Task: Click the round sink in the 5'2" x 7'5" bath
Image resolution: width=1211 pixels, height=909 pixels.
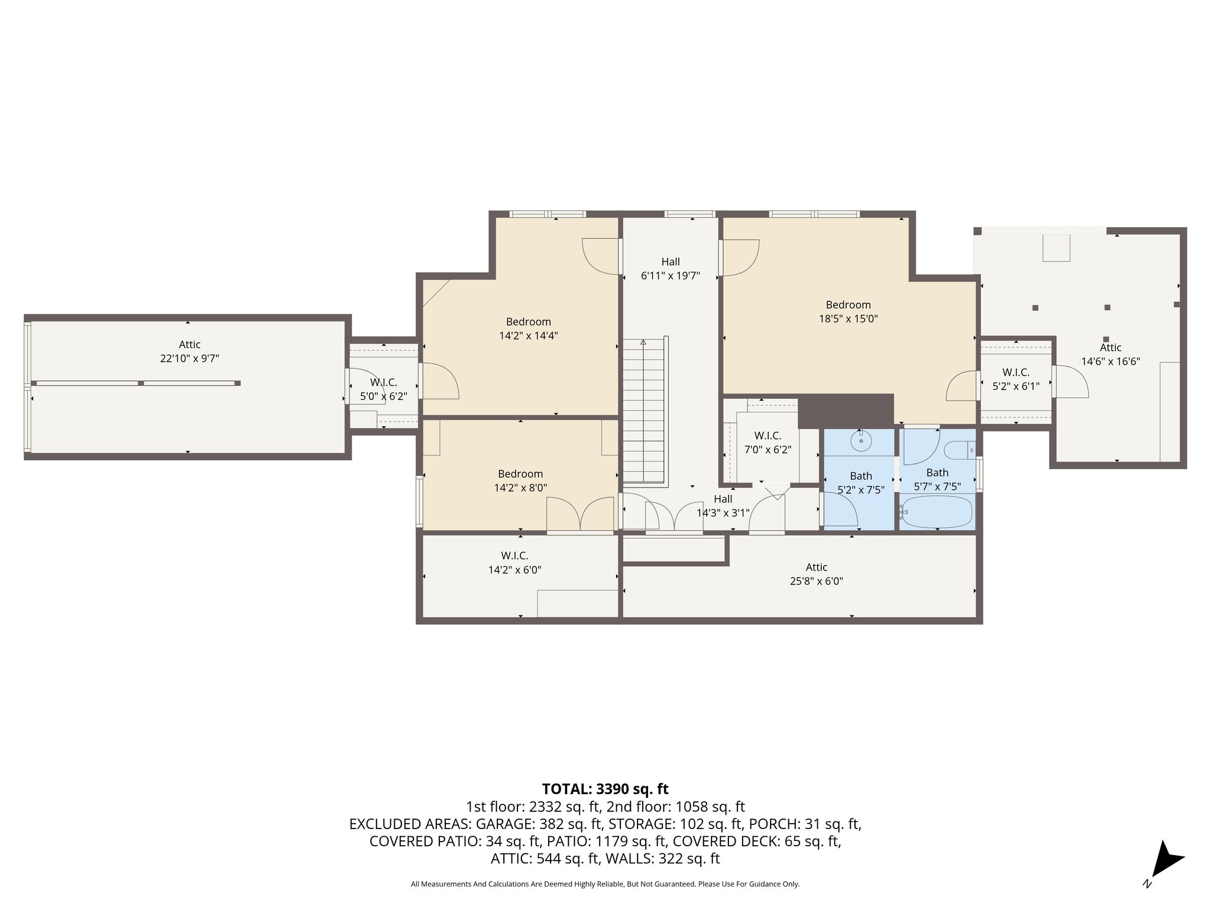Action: tap(861, 440)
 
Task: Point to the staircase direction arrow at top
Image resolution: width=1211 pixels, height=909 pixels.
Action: tap(643, 343)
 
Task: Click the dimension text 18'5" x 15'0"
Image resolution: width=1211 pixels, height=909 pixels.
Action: tap(849, 319)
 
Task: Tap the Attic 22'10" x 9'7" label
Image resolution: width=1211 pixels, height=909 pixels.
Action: tap(190, 351)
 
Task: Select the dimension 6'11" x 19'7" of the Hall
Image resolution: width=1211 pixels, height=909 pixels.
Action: tap(671, 276)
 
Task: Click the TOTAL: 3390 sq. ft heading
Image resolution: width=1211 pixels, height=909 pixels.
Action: tap(605, 789)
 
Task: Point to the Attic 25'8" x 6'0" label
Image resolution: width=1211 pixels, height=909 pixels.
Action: tap(816, 574)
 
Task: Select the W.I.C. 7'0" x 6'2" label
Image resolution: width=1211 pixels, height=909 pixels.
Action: tap(768, 443)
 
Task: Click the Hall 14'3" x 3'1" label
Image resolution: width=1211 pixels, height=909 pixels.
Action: tap(723, 506)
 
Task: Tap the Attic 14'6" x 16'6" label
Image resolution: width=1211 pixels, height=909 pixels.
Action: tap(1110, 354)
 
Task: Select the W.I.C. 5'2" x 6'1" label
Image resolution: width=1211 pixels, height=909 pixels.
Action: tap(1015, 379)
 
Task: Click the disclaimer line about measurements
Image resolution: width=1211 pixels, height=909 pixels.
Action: tap(605, 884)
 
